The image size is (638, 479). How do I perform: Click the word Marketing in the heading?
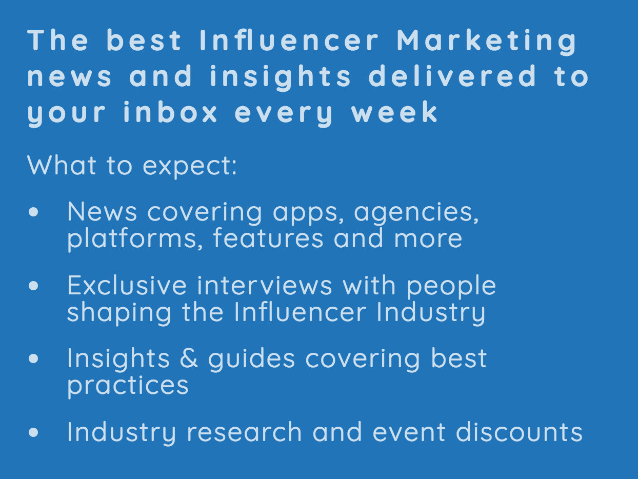pos(487,41)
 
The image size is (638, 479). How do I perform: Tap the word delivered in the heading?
pos(452,76)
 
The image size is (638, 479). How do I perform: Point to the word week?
pos(394,112)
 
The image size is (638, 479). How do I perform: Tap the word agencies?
pos(416,212)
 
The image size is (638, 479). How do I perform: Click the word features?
pos(268,238)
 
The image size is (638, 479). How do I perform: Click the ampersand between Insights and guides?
pos(189,358)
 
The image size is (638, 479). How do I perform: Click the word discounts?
pos(519,432)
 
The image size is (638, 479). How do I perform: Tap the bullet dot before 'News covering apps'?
pos(34,212)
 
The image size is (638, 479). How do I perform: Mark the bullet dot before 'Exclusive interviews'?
pos(34,286)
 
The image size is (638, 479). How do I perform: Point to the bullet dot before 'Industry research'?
pos(34,432)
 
